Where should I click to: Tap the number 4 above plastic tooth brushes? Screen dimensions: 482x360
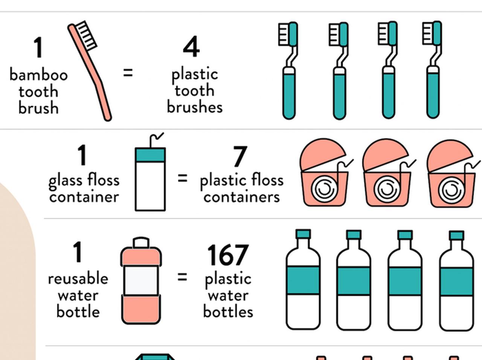191,47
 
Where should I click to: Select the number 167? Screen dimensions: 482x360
228,255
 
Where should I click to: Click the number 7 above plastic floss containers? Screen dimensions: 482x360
240,156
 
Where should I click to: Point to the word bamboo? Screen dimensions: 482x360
39,75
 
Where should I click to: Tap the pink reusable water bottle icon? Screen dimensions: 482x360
141,281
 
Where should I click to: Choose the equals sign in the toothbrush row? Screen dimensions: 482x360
128,73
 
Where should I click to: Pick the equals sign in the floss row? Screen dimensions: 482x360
183,178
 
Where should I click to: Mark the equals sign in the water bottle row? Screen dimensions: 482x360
182,277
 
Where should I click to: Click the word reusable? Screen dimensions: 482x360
78,279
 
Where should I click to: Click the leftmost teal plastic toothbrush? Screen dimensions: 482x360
288,70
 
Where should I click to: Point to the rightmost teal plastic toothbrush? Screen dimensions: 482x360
433,70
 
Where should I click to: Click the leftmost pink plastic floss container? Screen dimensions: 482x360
325,172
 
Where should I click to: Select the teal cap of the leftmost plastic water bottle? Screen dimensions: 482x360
303,234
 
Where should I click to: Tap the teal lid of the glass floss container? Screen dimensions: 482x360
150,155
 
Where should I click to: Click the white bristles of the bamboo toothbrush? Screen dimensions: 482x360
86,35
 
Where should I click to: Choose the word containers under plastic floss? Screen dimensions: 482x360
241,197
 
